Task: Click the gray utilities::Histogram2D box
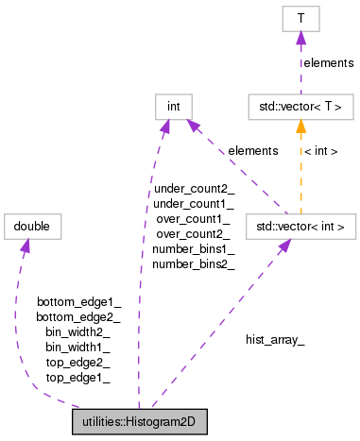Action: point(140,421)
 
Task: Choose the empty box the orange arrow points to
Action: point(300,108)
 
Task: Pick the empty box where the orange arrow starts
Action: point(300,227)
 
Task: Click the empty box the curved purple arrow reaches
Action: point(32,227)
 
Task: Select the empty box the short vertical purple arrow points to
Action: point(300,19)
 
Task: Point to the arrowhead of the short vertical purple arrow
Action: point(300,38)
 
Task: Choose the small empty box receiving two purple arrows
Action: point(174,107)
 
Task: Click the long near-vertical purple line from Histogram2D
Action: point(142,283)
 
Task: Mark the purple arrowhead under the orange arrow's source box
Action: point(283,246)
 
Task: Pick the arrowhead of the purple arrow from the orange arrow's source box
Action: point(192,126)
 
